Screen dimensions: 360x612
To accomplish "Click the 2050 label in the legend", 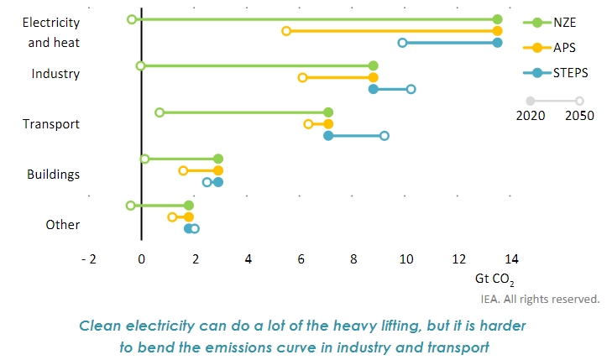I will pyautogui.click(x=579, y=116).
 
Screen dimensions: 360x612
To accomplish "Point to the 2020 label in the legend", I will pyautogui.click(x=530, y=116).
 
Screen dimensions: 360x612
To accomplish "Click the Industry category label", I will pyautogui.click(x=55, y=74).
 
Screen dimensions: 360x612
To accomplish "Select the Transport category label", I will pyautogui.click(x=51, y=124).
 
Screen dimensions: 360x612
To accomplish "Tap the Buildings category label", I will pyautogui.click(x=53, y=175).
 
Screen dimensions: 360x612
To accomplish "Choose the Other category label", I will pyautogui.click(x=63, y=225).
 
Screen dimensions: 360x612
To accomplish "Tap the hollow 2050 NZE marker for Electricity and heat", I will pyautogui.click(x=132, y=18).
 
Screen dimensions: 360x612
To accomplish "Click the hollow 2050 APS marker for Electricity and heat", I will pyautogui.click(x=286, y=31).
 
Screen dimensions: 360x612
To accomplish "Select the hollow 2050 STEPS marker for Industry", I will pyautogui.click(x=411, y=89).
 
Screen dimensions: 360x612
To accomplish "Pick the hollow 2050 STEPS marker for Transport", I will pyautogui.click(x=384, y=135).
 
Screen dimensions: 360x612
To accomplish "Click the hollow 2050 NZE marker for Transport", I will pyautogui.click(x=160, y=112).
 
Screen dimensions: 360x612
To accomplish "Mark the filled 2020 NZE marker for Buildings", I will pyautogui.click(x=218, y=159).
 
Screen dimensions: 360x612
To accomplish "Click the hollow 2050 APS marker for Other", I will pyautogui.click(x=172, y=217).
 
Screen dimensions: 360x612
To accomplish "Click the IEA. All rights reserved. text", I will pyautogui.click(x=539, y=298).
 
